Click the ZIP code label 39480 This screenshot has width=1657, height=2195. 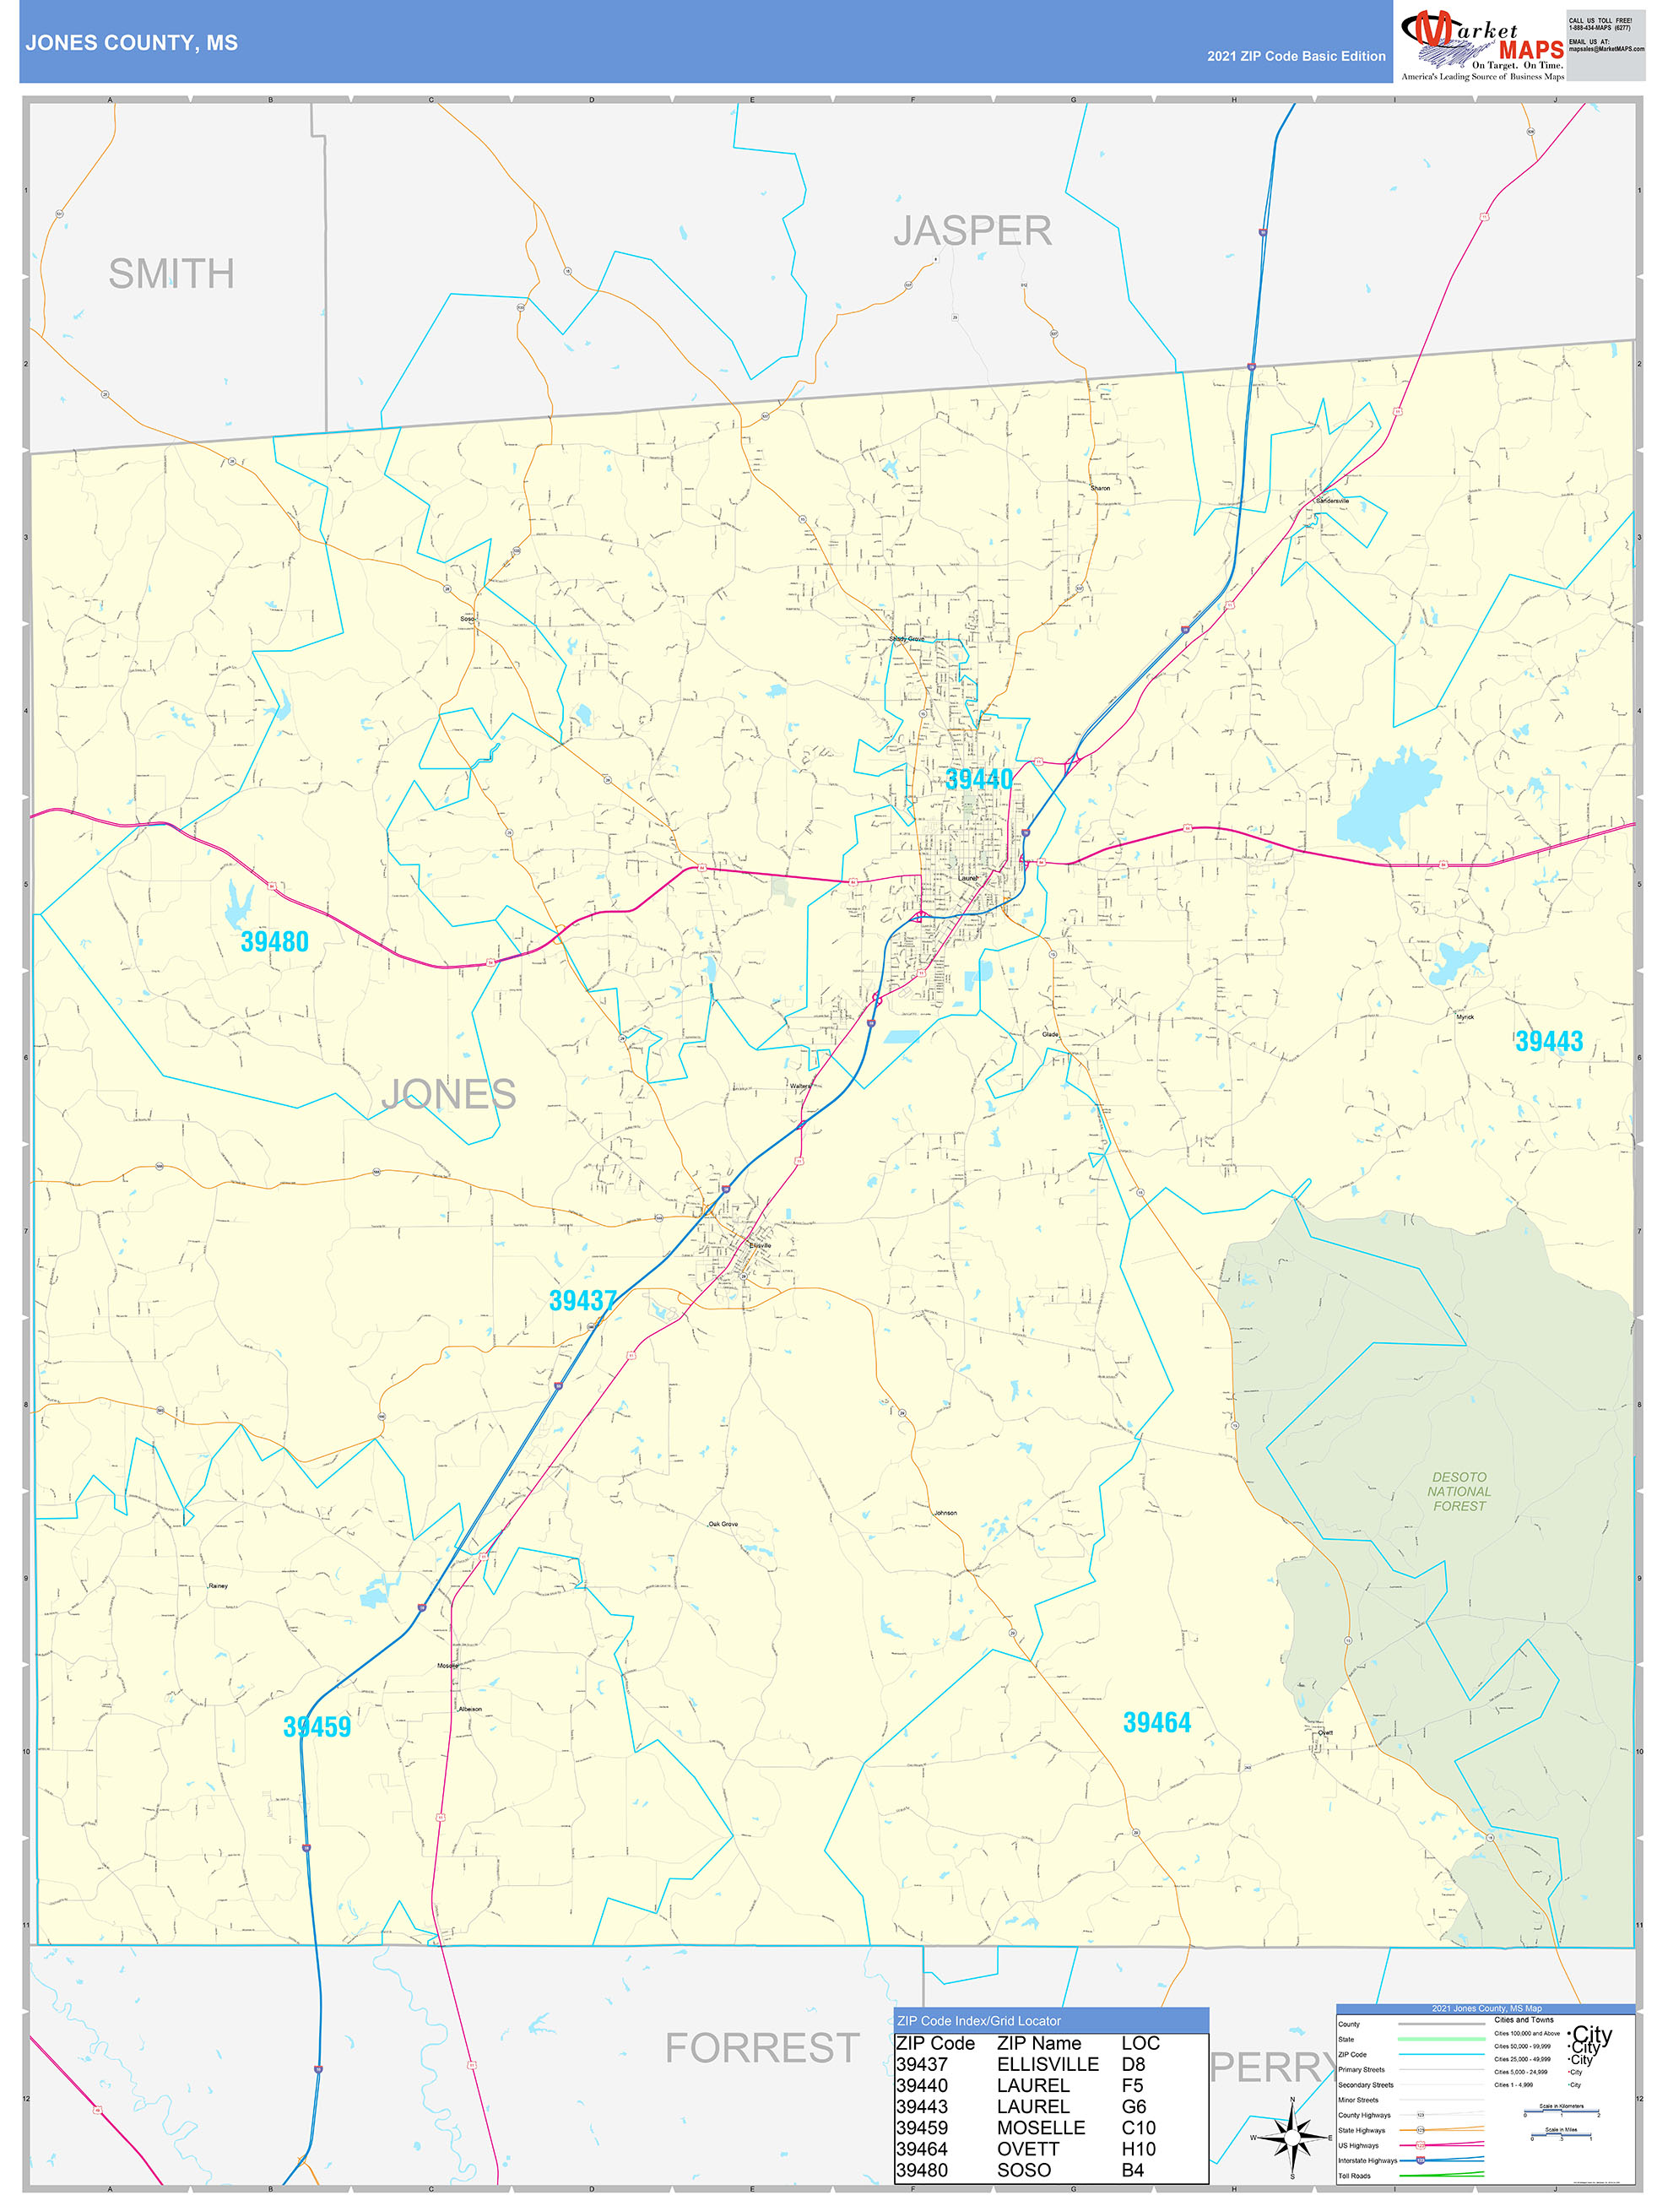click(x=275, y=941)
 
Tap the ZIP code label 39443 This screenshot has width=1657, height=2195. click(x=1549, y=1041)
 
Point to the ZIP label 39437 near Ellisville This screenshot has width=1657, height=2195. click(x=583, y=1300)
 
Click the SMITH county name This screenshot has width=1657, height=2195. click(x=171, y=274)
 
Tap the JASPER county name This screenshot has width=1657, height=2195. click(x=972, y=231)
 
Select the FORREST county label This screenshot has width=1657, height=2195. click(x=762, y=2048)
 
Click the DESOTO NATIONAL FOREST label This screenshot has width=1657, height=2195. click(x=1459, y=1492)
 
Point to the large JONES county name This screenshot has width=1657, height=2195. click(x=448, y=1094)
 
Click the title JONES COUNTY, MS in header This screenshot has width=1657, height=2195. click(x=132, y=43)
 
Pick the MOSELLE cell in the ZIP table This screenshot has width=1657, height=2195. click(x=1040, y=2127)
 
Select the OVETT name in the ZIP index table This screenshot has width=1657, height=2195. click(x=1028, y=2149)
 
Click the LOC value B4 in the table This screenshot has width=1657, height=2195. click(x=1132, y=2171)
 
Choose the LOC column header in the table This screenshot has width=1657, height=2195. click(x=1140, y=2043)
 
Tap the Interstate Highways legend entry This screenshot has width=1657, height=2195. click(x=1367, y=2160)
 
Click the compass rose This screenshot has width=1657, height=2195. click(x=1291, y=2138)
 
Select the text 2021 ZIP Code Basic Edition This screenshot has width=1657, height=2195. click(x=1296, y=57)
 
